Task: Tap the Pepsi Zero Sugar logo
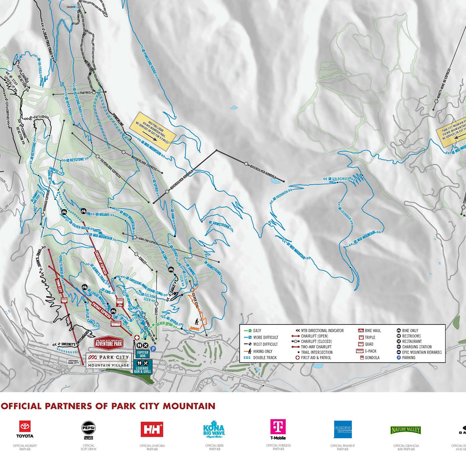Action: coord(88,428)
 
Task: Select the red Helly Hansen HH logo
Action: coord(152,429)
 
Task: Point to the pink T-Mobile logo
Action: coord(278,428)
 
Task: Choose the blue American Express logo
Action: coord(343,429)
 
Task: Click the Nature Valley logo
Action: coord(406,430)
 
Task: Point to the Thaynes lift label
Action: coord(85,92)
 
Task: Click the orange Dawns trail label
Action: coord(195,329)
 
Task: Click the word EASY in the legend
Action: coord(257,331)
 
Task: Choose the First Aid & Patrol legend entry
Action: coord(316,358)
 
